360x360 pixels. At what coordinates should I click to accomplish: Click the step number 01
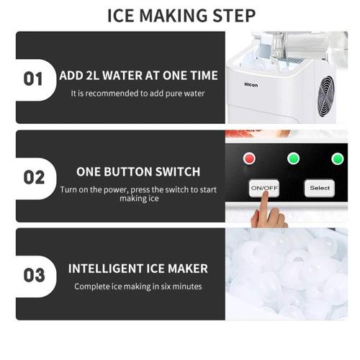click(34, 78)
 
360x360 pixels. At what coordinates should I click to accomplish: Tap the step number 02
click(34, 177)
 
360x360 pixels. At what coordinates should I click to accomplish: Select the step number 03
click(34, 275)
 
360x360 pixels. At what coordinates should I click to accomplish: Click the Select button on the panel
click(320, 188)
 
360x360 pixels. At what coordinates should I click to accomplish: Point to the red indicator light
click(250, 158)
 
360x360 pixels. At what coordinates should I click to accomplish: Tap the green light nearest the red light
click(293, 158)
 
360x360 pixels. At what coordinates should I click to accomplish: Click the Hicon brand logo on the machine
click(251, 83)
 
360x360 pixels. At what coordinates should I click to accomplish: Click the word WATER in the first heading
click(133, 75)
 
